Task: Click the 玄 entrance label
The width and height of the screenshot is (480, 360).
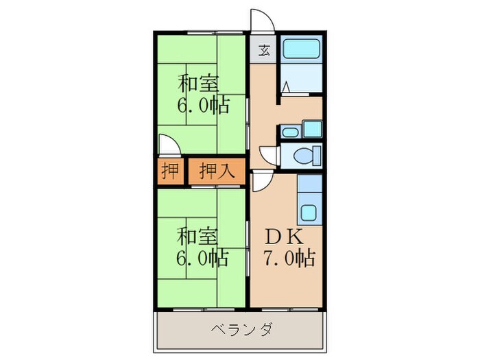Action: click(264, 49)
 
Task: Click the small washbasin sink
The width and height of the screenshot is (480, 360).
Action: click(289, 132)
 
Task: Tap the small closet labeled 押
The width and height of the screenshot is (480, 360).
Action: click(168, 171)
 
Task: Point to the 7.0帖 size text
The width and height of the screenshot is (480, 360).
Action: click(289, 259)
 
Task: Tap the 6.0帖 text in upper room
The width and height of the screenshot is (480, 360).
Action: click(203, 107)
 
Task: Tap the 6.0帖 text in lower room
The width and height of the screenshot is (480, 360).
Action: click(203, 259)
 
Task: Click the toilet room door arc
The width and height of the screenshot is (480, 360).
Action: click(268, 156)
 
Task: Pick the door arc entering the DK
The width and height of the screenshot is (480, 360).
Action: click(261, 182)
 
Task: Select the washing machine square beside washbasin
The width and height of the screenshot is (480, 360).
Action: click(312, 128)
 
